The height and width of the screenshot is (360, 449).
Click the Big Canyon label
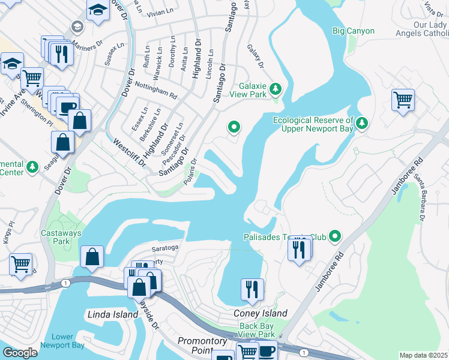click(x=353, y=31)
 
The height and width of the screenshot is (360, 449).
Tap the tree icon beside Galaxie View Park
click(x=276, y=89)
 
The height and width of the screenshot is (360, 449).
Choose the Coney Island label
click(x=260, y=313)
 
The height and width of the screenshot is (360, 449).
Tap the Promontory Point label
click(x=203, y=345)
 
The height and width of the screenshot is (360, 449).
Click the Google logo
click(x=20, y=352)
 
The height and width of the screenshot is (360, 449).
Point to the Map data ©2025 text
click(x=423, y=355)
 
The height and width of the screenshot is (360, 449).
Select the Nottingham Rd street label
click(x=155, y=91)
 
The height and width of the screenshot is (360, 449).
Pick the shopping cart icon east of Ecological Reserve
click(x=403, y=100)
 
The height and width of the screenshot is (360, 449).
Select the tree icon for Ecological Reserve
click(x=361, y=123)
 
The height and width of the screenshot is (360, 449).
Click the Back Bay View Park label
click(x=256, y=329)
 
